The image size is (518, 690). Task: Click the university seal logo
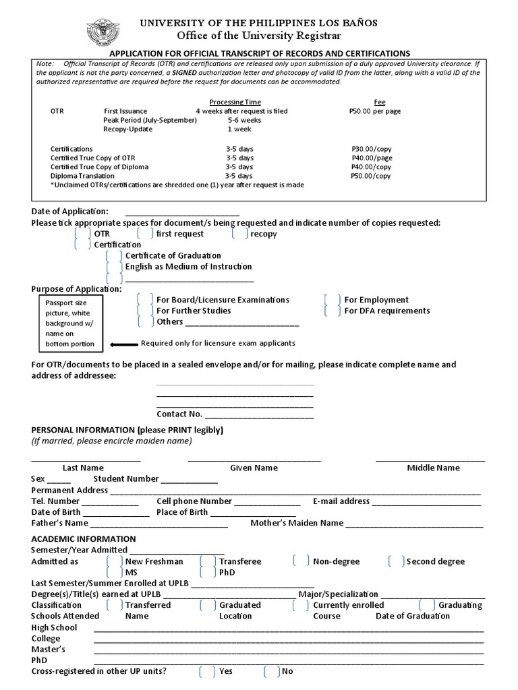(x=103, y=32)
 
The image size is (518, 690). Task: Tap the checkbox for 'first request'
(x=144, y=234)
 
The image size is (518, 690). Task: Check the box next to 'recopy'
(x=239, y=234)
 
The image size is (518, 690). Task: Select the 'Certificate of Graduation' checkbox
(x=114, y=256)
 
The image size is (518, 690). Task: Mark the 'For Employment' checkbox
(x=332, y=300)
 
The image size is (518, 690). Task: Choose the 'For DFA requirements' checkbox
(x=332, y=311)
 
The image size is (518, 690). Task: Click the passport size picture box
(x=70, y=323)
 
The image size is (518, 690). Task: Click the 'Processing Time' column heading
(x=235, y=102)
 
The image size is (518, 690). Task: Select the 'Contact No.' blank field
(x=259, y=414)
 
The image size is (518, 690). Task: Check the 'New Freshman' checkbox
(x=114, y=561)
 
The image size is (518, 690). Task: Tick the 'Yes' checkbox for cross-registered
(x=208, y=671)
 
